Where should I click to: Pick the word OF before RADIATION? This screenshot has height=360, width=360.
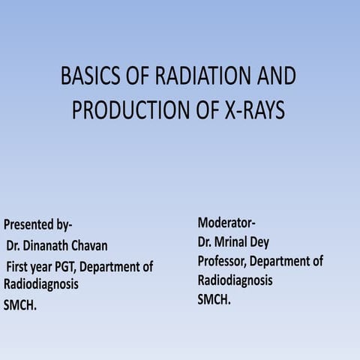137,77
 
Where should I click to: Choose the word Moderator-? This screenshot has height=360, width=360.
226,223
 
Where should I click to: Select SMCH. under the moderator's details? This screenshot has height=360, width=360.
214,299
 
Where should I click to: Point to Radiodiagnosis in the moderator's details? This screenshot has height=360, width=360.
235,280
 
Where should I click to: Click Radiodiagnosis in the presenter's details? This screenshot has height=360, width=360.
41,285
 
